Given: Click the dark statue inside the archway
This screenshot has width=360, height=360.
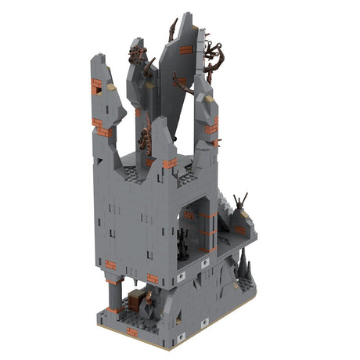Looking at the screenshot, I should coord(184,245).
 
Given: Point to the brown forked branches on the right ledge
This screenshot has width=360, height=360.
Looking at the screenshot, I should coord(241,201).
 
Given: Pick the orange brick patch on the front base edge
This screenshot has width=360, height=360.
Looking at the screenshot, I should coord(131,332).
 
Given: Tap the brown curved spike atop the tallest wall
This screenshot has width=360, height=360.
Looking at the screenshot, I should coord(171,30).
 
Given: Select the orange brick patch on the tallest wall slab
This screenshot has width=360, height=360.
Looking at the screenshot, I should coord(185,50).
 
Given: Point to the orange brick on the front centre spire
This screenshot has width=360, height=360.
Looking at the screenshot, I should coord(170,163).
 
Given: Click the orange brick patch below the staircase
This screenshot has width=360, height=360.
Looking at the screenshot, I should coord(239,229).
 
